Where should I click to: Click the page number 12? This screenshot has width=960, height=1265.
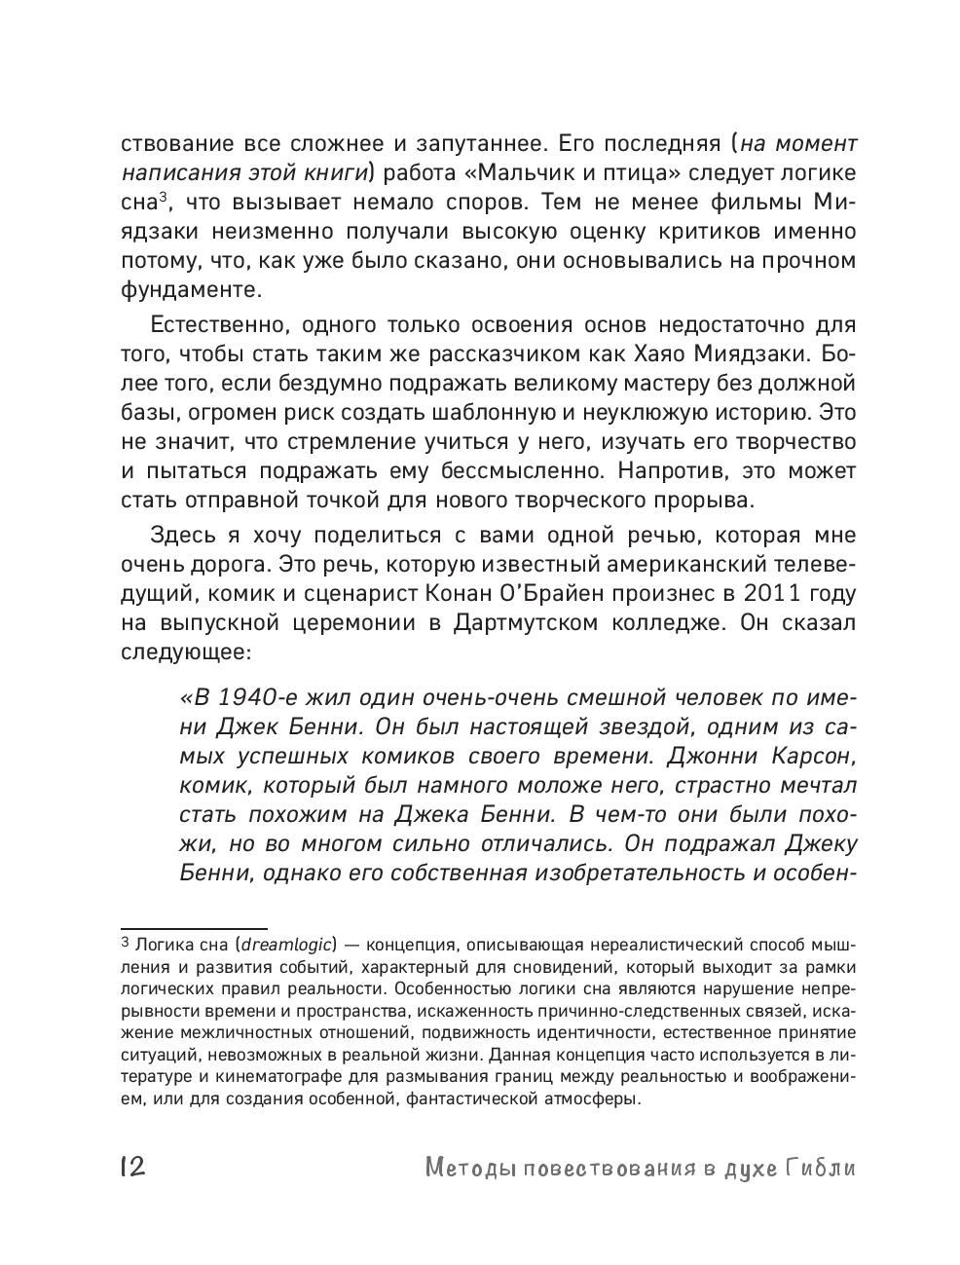pos(131,1167)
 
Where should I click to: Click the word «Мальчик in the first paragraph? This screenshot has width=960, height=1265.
pos(506,173)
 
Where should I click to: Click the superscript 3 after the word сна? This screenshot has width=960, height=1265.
pos(166,198)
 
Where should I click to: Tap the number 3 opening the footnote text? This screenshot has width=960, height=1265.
pos(125,943)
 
